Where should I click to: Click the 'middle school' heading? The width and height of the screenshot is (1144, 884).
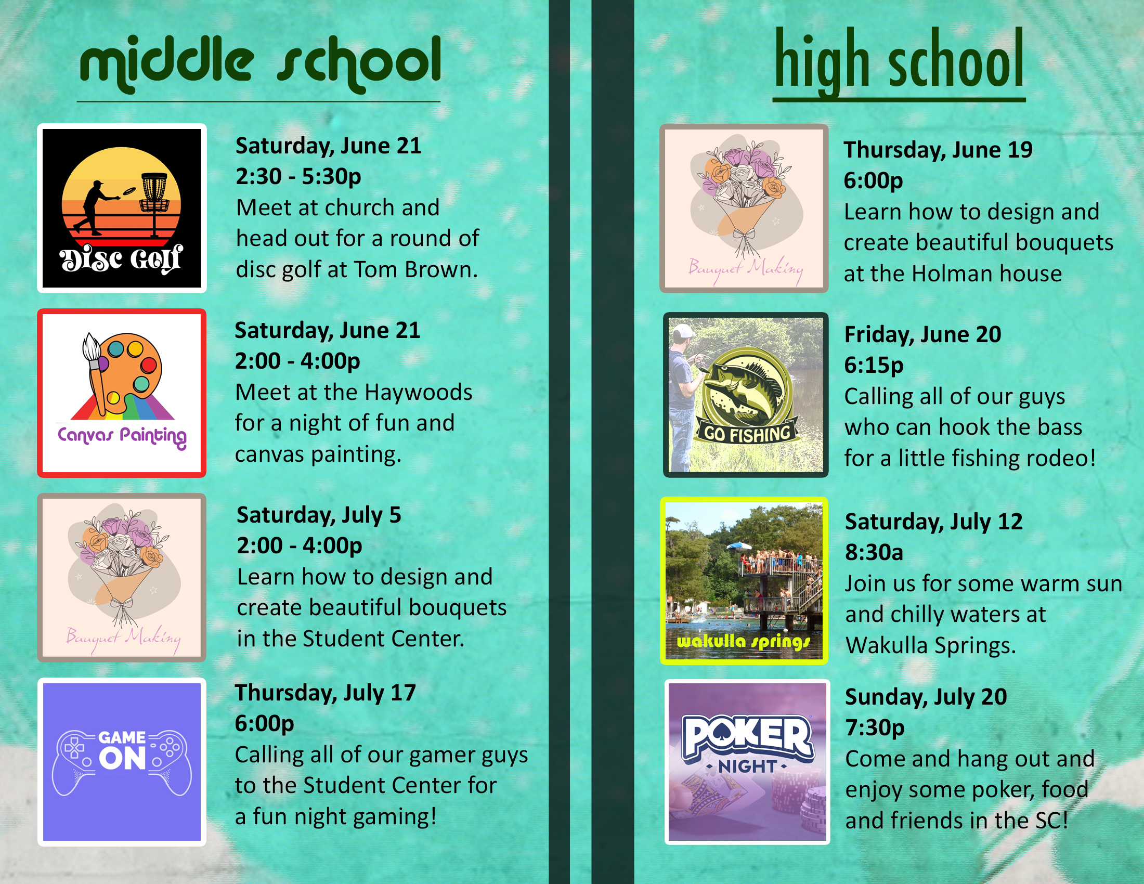point(260,64)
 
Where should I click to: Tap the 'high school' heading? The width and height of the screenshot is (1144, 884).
point(899,62)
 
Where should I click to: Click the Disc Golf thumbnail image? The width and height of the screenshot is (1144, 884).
point(122,208)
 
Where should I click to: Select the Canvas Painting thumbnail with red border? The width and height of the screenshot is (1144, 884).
point(122,393)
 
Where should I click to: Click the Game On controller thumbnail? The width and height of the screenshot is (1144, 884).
point(122,762)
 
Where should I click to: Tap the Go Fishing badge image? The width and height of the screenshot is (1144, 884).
point(746,395)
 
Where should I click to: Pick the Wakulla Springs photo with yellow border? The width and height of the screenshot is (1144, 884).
point(744,581)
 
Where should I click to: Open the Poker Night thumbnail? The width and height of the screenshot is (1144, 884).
point(747,762)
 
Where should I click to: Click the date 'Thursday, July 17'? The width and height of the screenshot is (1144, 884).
point(326,693)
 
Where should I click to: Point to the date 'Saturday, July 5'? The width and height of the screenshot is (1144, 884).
point(319,515)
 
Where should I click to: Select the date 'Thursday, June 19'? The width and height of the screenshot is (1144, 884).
point(938,150)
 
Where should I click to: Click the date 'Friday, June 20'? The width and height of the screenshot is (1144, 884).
point(923,335)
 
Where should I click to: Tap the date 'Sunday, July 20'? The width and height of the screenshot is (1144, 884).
point(926,697)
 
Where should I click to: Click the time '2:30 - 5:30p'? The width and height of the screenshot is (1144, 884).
point(298,177)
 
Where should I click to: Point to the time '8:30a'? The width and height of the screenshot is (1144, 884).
point(874,552)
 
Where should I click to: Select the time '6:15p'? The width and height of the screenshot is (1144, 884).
point(874,366)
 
